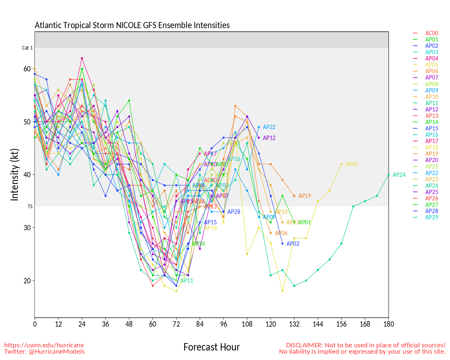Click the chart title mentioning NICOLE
(132, 25)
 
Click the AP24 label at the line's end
(399, 175)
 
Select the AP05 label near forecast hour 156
(352, 164)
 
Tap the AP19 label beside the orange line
(304, 196)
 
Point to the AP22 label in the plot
(269, 127)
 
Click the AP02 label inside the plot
(293, 244)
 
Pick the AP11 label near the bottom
(187, 281)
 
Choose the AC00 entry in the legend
(432, 33)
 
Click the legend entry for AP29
(432, 217)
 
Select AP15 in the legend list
(432, 128)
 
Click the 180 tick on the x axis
(388, 324)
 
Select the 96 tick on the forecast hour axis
(224, 324)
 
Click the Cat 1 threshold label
(27, 48)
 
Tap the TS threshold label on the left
(30, 206)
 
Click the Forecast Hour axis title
(212, 347)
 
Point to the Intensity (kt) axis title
(14, 175)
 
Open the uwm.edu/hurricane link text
(44, 345)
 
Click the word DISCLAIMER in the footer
(304, 345)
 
